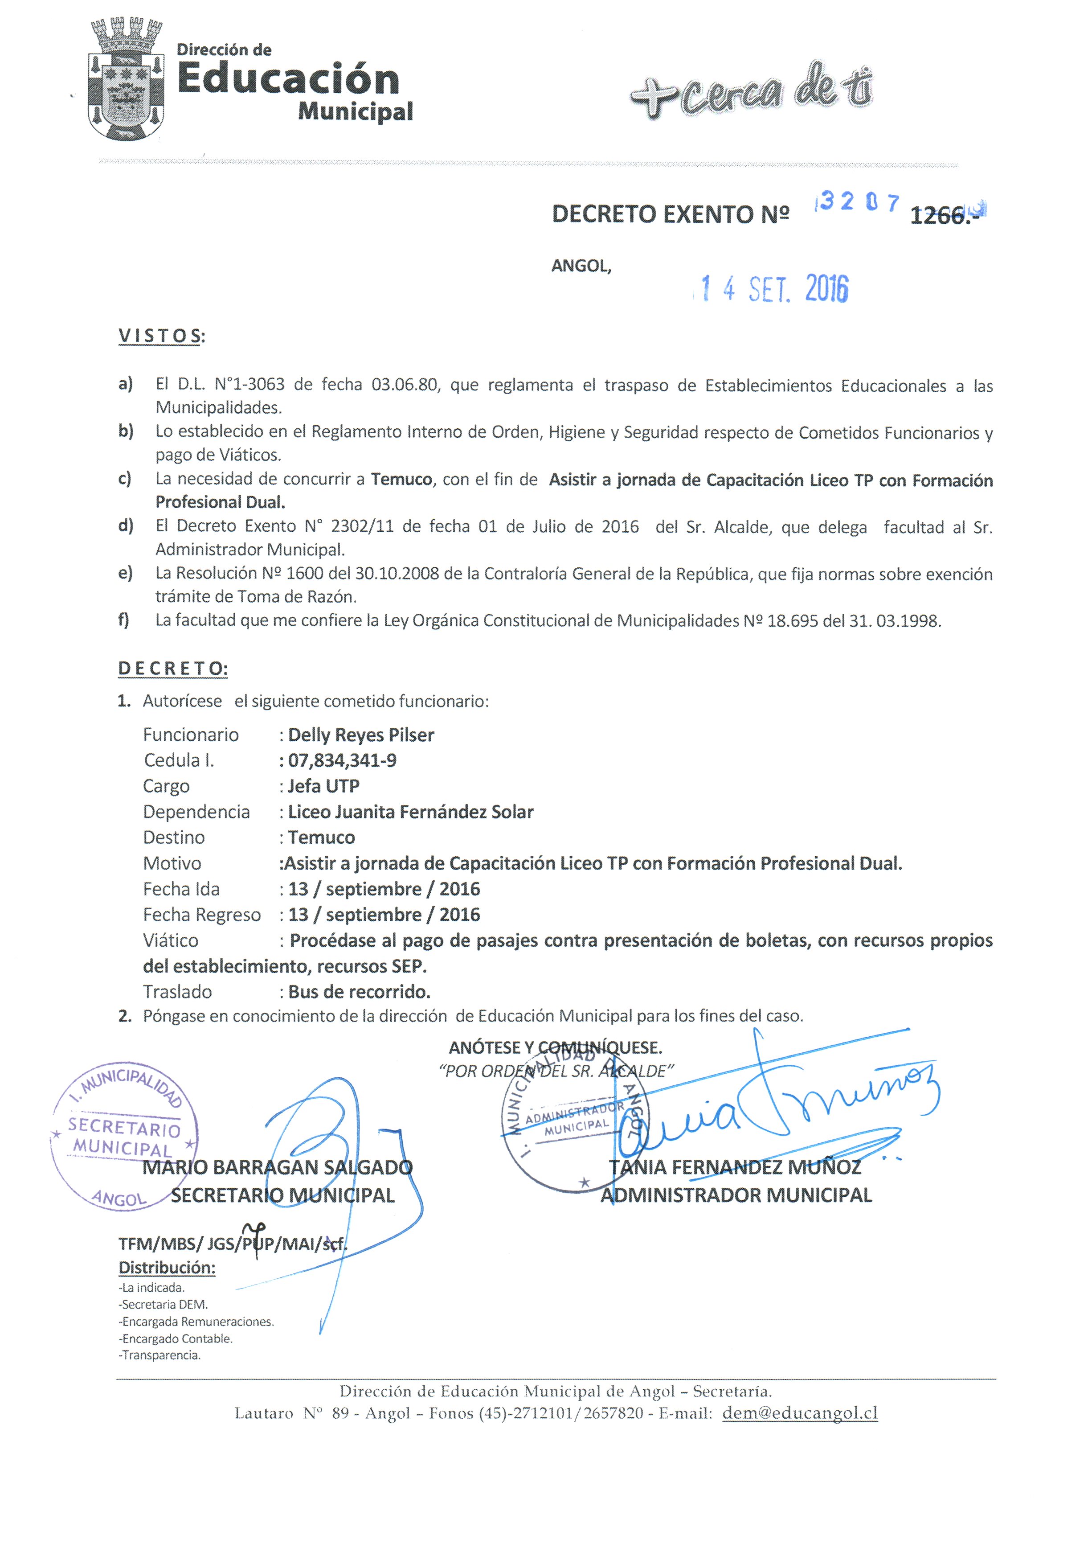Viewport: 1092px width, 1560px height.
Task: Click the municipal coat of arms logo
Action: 126,80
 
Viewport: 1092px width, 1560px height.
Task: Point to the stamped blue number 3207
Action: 859,202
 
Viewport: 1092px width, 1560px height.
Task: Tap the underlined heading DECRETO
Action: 172,669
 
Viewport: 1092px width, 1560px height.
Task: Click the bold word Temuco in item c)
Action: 401,480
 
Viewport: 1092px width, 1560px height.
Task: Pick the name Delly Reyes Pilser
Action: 360,735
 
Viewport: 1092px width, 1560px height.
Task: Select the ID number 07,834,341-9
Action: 342,760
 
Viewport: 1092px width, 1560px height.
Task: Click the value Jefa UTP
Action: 323,786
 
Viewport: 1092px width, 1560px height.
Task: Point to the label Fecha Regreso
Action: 202,915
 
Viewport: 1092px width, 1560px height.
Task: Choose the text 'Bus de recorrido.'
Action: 359,992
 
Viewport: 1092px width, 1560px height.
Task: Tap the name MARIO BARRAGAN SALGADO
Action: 278,1167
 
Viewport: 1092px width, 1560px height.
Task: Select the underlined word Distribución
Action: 167,1268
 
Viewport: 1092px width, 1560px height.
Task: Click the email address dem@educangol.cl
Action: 800,1413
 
